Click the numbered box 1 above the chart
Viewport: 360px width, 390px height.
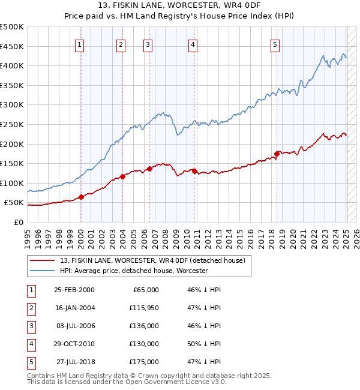[80, 44]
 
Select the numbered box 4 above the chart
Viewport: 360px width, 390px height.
[193, 44]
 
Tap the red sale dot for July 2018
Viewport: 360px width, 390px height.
[277, 154]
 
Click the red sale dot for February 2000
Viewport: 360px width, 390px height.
[81, 197]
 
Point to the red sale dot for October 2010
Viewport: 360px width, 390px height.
[194, 171]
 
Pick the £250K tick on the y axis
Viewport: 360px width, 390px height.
[13, 124]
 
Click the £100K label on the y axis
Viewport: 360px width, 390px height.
[13, 183]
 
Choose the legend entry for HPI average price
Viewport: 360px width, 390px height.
[133, 271]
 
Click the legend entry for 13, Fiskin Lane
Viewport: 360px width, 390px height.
[152, 261]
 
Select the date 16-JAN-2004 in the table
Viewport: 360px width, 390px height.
[74, 308]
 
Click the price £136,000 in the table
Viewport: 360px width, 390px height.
[144, 326]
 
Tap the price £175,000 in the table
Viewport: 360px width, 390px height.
[144, 362]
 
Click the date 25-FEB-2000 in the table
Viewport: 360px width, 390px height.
[74, 290]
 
